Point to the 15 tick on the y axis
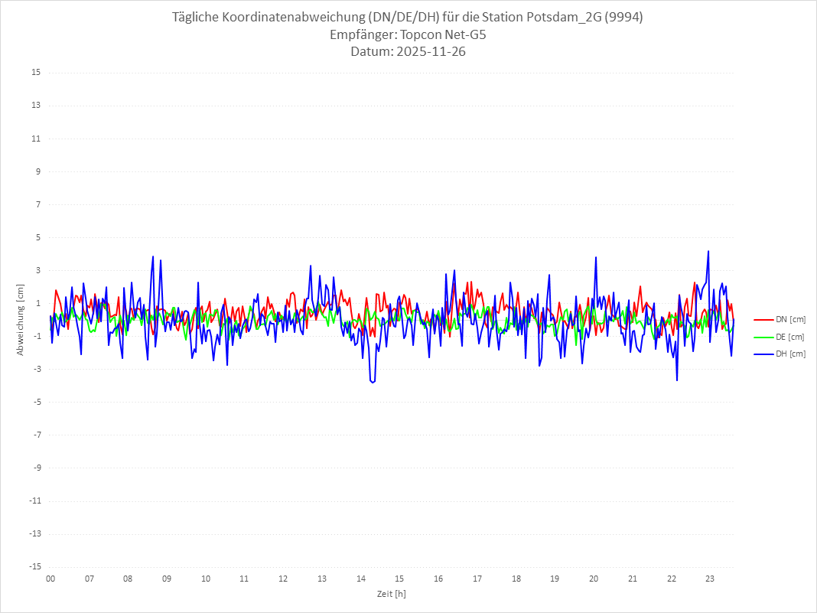(36, 73)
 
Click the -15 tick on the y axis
(34, 567)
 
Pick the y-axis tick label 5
(37, 237)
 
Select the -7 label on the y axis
(36, 435)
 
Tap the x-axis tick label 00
(50, 579)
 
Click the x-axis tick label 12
(283, 579)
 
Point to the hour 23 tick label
(710, 579)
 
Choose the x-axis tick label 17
(477, 579)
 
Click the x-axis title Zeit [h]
(391, 594)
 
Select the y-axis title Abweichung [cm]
(21, 319)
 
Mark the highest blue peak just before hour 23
(708, 251)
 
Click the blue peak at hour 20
(595, 257)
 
